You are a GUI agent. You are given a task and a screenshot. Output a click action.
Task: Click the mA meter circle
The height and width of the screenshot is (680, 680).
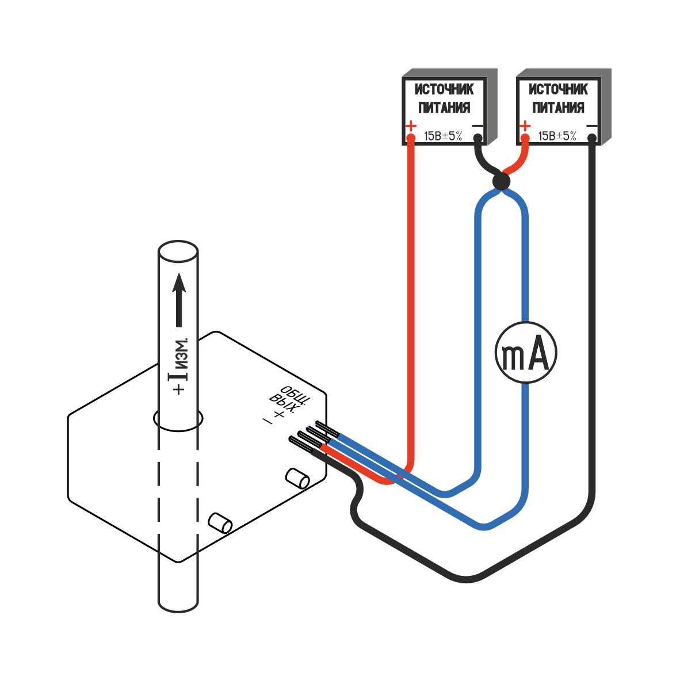(526, 352)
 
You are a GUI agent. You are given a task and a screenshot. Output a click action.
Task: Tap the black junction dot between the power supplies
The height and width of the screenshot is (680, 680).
(501, 182)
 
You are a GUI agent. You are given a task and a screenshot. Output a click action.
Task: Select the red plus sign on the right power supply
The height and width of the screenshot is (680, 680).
(525, 125)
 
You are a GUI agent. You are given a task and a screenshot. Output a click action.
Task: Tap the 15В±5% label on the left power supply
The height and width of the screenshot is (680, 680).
(443, 136)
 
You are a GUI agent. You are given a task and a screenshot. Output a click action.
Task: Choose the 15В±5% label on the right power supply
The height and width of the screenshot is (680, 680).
(557, 136)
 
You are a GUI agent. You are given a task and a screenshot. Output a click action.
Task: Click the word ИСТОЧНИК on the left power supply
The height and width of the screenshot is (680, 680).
(444, 90)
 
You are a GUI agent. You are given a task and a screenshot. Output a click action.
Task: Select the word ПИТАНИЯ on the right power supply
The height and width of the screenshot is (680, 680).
(557, 108)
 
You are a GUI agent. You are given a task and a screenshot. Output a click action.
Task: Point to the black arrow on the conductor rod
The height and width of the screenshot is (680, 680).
(179, 299)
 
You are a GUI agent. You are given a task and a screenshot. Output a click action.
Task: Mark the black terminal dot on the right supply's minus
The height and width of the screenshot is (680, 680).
(592, 138)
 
